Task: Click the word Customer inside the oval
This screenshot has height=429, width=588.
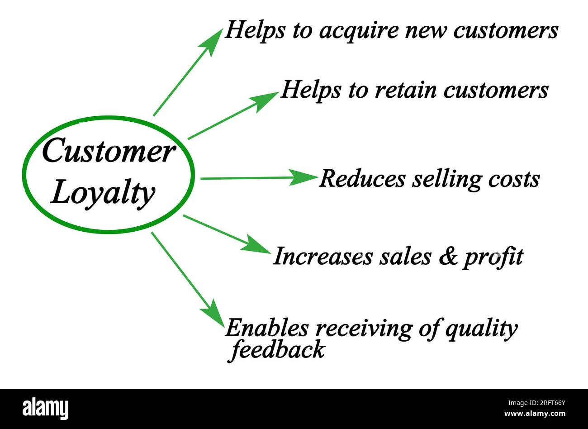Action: [108, 152]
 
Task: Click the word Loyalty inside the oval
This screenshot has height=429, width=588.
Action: [103, 194]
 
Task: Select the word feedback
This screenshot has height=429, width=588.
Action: [278, 350]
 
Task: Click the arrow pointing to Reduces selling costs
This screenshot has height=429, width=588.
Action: [258, 178]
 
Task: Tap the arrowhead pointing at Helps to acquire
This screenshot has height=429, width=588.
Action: [212, 41]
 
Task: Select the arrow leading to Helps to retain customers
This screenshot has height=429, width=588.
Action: [233, 115]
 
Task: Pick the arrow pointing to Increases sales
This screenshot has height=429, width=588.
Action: [226, 233]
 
